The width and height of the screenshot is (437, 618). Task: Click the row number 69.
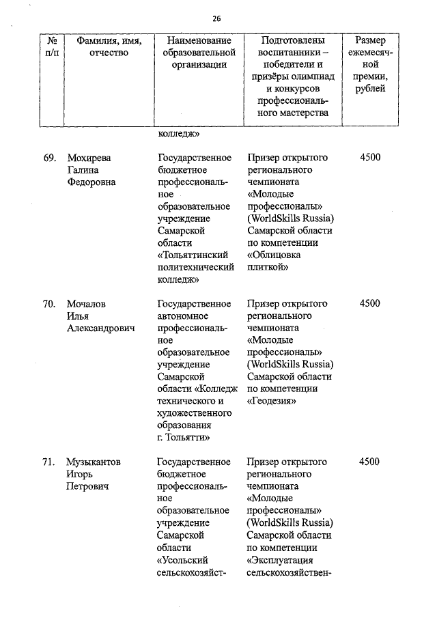point(48,158)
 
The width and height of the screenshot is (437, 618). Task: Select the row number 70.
point(48,304)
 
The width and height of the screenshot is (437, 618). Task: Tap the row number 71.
point(48,462)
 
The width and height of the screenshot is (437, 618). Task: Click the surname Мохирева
point(89,158)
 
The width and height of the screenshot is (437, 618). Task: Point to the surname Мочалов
point(87,304)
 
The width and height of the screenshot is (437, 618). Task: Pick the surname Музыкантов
point(93,462)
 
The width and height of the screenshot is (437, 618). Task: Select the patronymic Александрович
point(100,328)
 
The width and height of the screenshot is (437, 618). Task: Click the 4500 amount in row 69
point(369,158)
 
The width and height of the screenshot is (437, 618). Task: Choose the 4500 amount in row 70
point(369,304)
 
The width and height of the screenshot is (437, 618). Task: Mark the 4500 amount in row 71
point(369,462)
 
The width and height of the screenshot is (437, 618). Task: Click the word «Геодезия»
point(272,402)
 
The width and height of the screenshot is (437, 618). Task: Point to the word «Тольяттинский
point(193,255)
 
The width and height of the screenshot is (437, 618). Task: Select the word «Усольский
point(182,560)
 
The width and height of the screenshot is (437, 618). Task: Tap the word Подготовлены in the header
point(292,41)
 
